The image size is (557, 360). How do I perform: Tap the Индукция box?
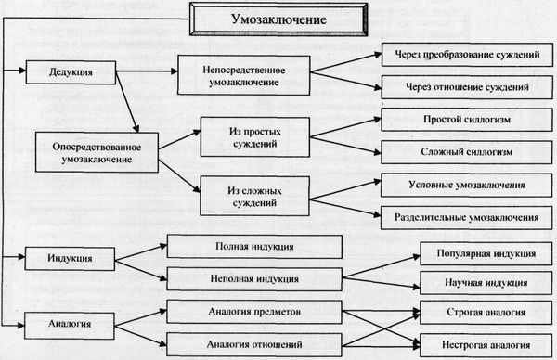click(70, 256)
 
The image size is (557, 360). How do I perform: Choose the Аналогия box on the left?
click(70, 324)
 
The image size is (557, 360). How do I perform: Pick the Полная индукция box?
click(253, 247)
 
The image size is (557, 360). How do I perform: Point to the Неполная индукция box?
click(253, 277)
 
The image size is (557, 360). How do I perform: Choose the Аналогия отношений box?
click(253, 340)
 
